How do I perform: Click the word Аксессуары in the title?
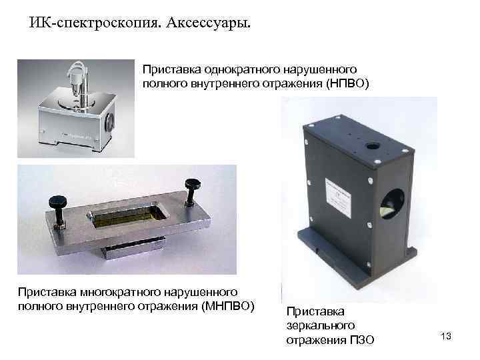(x=208, y=23)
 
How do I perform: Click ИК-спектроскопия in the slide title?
(x=95, y=23)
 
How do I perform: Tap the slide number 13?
(x=446, y=336)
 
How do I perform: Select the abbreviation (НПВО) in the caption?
(x=347, y=83)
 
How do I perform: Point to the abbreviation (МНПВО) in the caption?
(x=228, y=306)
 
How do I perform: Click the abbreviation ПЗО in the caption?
(x=361, y=340)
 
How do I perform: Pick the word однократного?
(x=242, y=69)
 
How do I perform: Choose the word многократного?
(x=120, y=292)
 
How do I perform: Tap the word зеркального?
(x=321, y=326)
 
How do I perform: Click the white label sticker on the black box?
(x=337, y=193)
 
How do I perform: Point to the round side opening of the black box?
(x=392, y=204)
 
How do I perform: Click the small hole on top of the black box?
(x=373, y=146)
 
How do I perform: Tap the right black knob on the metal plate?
(x=192, y=191)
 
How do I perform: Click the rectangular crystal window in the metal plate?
(x=127, y=215)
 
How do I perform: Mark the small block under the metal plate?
(x=133, y=247)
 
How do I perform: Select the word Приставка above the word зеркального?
(x=315, y=311)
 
